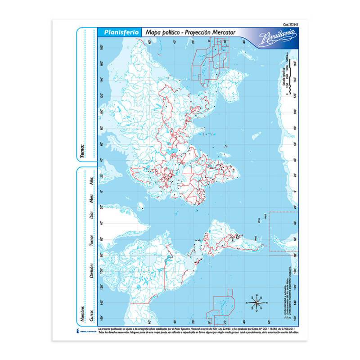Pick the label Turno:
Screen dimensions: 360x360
point(91,242)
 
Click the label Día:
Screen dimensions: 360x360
point(91,219)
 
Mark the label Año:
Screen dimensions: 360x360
point(91,182)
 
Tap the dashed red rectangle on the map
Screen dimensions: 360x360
point(283,231)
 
